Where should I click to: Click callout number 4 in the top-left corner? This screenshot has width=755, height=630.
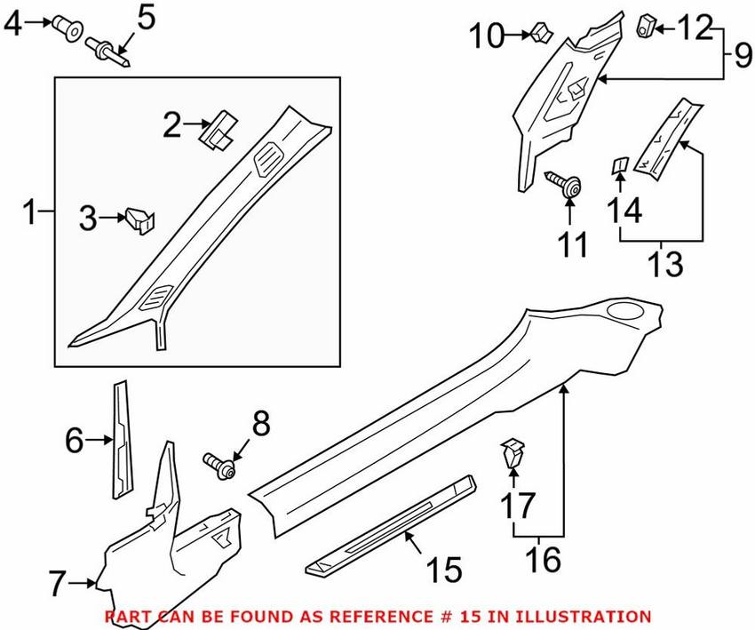(x=12, y=24)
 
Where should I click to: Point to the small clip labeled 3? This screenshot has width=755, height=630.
(x=140, y=218)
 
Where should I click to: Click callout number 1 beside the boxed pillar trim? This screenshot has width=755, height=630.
(x=29, y=213)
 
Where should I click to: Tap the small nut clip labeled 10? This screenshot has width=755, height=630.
(x=539, y=35)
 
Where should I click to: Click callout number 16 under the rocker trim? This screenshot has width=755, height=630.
(x=542, y=560)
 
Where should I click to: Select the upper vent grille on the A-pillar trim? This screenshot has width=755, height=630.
(x=266, y=160)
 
